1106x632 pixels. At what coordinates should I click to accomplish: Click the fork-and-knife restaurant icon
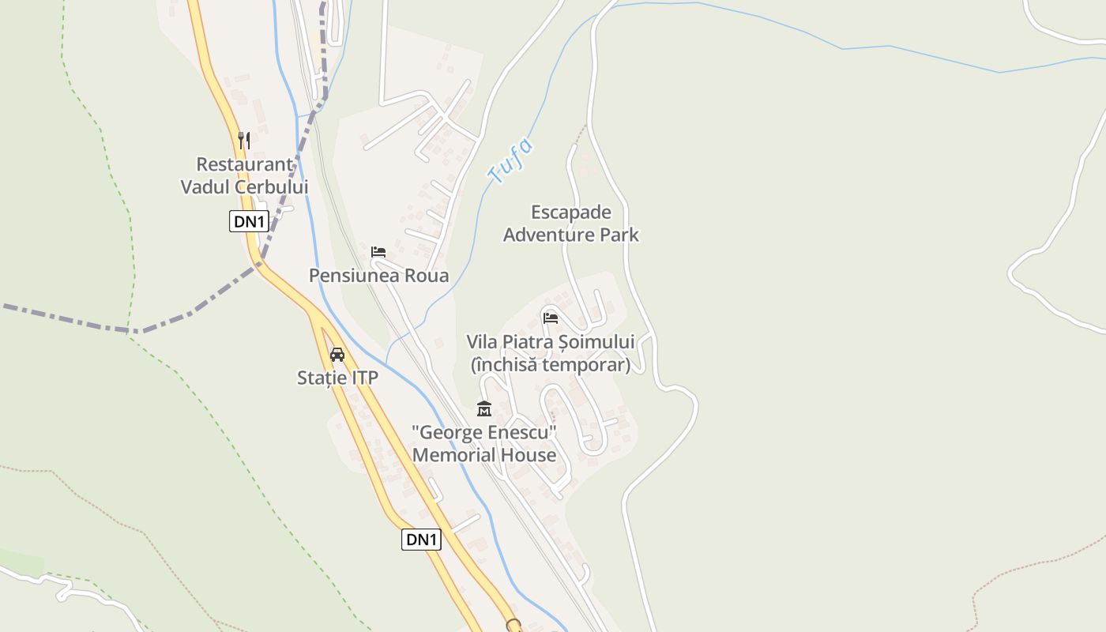pos(244,141)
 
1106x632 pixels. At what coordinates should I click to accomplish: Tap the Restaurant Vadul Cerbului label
pos(244,175)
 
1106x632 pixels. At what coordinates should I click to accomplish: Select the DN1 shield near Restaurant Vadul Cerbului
pos(249,221)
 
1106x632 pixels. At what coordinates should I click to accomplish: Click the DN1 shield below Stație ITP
pos(421,540)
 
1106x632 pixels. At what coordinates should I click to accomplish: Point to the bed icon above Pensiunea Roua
pos(378,252)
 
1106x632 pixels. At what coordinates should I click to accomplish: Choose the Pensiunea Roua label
pos(378,276)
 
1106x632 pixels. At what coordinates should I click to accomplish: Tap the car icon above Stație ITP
pos(337,354)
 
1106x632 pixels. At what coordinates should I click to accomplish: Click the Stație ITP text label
pos(337,378)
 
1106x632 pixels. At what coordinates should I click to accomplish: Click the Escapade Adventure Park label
pos(571,224)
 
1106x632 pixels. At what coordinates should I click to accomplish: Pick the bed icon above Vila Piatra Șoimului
pos(551,318)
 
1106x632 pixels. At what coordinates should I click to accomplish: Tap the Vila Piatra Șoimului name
pos(551,342)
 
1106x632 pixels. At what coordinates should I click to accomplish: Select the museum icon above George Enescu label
pos(484,408)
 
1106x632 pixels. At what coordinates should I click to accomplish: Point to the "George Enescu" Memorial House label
pos(484,444)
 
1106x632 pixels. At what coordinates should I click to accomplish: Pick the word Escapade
pos(571,212)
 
